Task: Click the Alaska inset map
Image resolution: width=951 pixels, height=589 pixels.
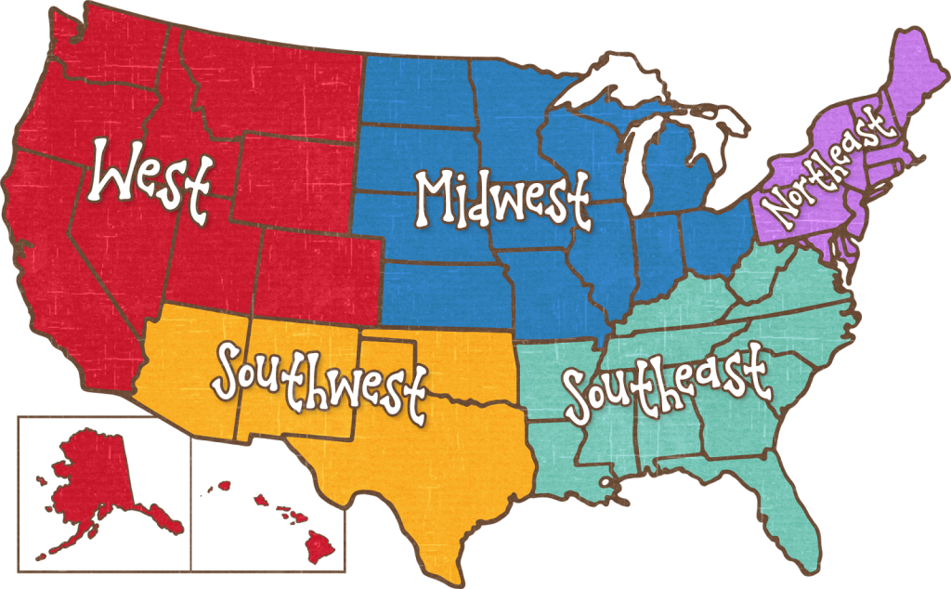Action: (x=93, y=483)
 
